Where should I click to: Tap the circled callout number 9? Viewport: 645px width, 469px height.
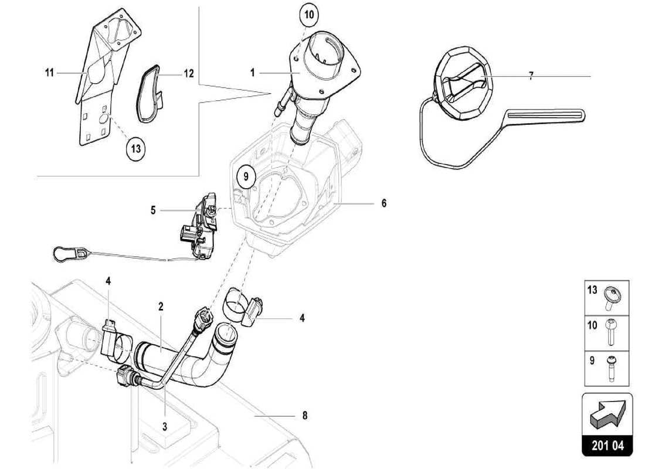click(x=246, y=175)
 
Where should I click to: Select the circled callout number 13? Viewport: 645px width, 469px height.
click(x=135, y=148)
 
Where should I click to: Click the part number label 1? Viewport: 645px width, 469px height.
click(x=252, y=73)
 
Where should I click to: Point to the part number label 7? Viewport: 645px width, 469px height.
click(x=531, y=76)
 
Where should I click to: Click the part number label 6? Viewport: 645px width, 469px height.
click(x=383, y=203)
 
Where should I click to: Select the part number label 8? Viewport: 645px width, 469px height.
click(x=305, y=416)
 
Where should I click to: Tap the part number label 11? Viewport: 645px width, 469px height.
click(x=49, y=73)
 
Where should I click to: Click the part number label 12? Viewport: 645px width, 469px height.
click(x=188, y=74)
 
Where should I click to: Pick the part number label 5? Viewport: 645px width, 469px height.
click(x=153, y=210)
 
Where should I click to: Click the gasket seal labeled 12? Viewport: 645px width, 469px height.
click(x=150, y=94)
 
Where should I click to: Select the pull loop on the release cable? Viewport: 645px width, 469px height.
click(x=64, y=254)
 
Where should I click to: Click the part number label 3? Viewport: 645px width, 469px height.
click(x=165, y=427)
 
